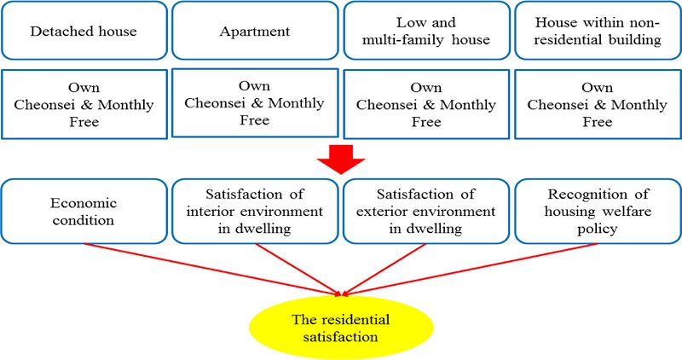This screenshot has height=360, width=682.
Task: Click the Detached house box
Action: click(84, 32)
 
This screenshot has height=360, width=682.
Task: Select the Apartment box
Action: click(255, 32)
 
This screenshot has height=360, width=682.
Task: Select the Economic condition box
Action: click(84, 211)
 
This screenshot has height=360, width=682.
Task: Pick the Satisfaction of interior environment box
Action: click(255, 211)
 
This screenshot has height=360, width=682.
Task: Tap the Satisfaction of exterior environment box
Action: click(425, 211)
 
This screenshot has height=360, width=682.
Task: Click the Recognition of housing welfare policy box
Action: click(597, 211)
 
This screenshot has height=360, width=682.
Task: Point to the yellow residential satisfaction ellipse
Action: click(341, 327)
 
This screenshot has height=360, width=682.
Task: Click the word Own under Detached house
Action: click(84, 88)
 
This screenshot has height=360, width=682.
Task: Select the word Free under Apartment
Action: click(255, 120)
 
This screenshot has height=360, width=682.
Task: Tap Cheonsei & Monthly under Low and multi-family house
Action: click(425, 105)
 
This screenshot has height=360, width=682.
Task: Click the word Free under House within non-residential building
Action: click(597, 122)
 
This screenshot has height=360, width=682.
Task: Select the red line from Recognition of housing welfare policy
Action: click(477, 270)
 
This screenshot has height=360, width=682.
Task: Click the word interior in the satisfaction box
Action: click(228, 211)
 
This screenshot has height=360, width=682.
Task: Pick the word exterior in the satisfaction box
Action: click(399, 211)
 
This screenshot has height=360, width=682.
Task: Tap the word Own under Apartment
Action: click(255, 86)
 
